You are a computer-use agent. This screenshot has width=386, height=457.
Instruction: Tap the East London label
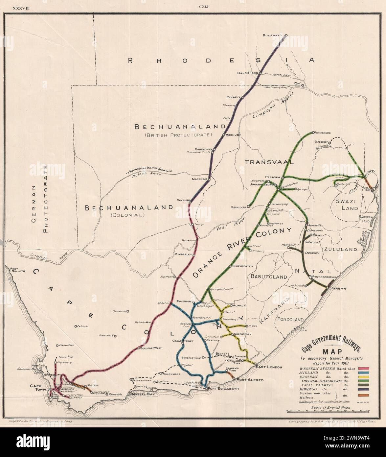click(x=266, y=367)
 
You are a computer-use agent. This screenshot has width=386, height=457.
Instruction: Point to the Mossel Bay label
click(x=143, y=394)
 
